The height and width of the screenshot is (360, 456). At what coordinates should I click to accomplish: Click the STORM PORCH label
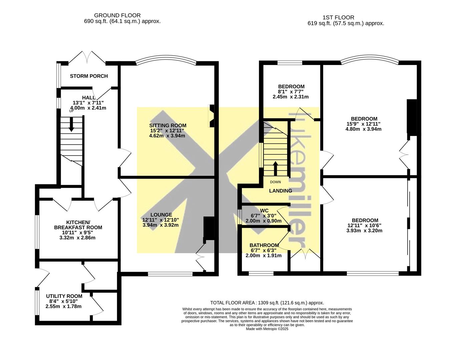pyautogui.click(x=89, y=76)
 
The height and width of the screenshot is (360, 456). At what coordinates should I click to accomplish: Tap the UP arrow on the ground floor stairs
pyautogui.click(x=71, y=124)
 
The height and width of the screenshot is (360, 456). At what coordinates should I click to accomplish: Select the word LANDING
pyautogui.click(x=281, y=191)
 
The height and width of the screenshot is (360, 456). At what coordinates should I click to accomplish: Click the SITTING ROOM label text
pyautogui.click(x=167, y=125)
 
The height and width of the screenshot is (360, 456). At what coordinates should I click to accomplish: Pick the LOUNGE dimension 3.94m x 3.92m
pyautogui.click(x=160, y=225)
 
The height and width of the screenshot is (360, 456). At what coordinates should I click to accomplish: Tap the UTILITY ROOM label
pyautogui.click(x=64, y=296)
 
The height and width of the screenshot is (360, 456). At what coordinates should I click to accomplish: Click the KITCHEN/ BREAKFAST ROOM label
pyautogui.click(x=78, y=225)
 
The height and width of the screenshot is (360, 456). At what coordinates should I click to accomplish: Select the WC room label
pyautogui.click(x=264, y=210)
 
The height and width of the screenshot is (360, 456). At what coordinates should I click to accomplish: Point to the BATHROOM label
pyautogui.click(x=264, y=245)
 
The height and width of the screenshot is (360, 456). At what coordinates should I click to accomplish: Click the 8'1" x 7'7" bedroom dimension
pyautogui.click(x=291, y=92)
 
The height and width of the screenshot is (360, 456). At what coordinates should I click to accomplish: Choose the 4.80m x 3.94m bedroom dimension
pyautogui.click(x=363, y=129)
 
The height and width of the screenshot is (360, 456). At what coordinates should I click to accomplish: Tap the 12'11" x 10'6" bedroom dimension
pyautogui.click(x=364, y=225)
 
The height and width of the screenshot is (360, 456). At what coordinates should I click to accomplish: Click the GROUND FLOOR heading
pyautogui.click(x=117, y=15)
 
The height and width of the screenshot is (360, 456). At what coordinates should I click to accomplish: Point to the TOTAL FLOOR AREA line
pyautogui.click(x=267, y=303)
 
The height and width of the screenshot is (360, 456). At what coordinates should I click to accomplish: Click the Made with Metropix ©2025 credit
pyautogui.click(x=267, y=329)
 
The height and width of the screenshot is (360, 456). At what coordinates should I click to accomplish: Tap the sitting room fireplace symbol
pyautogui.click(x=211, y=116)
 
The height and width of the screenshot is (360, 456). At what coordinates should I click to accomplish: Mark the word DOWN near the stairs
pyautogui.click(x=276, y=182)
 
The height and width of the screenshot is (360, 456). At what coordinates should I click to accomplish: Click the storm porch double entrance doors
pyautogui.click(x=87, y=57)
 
